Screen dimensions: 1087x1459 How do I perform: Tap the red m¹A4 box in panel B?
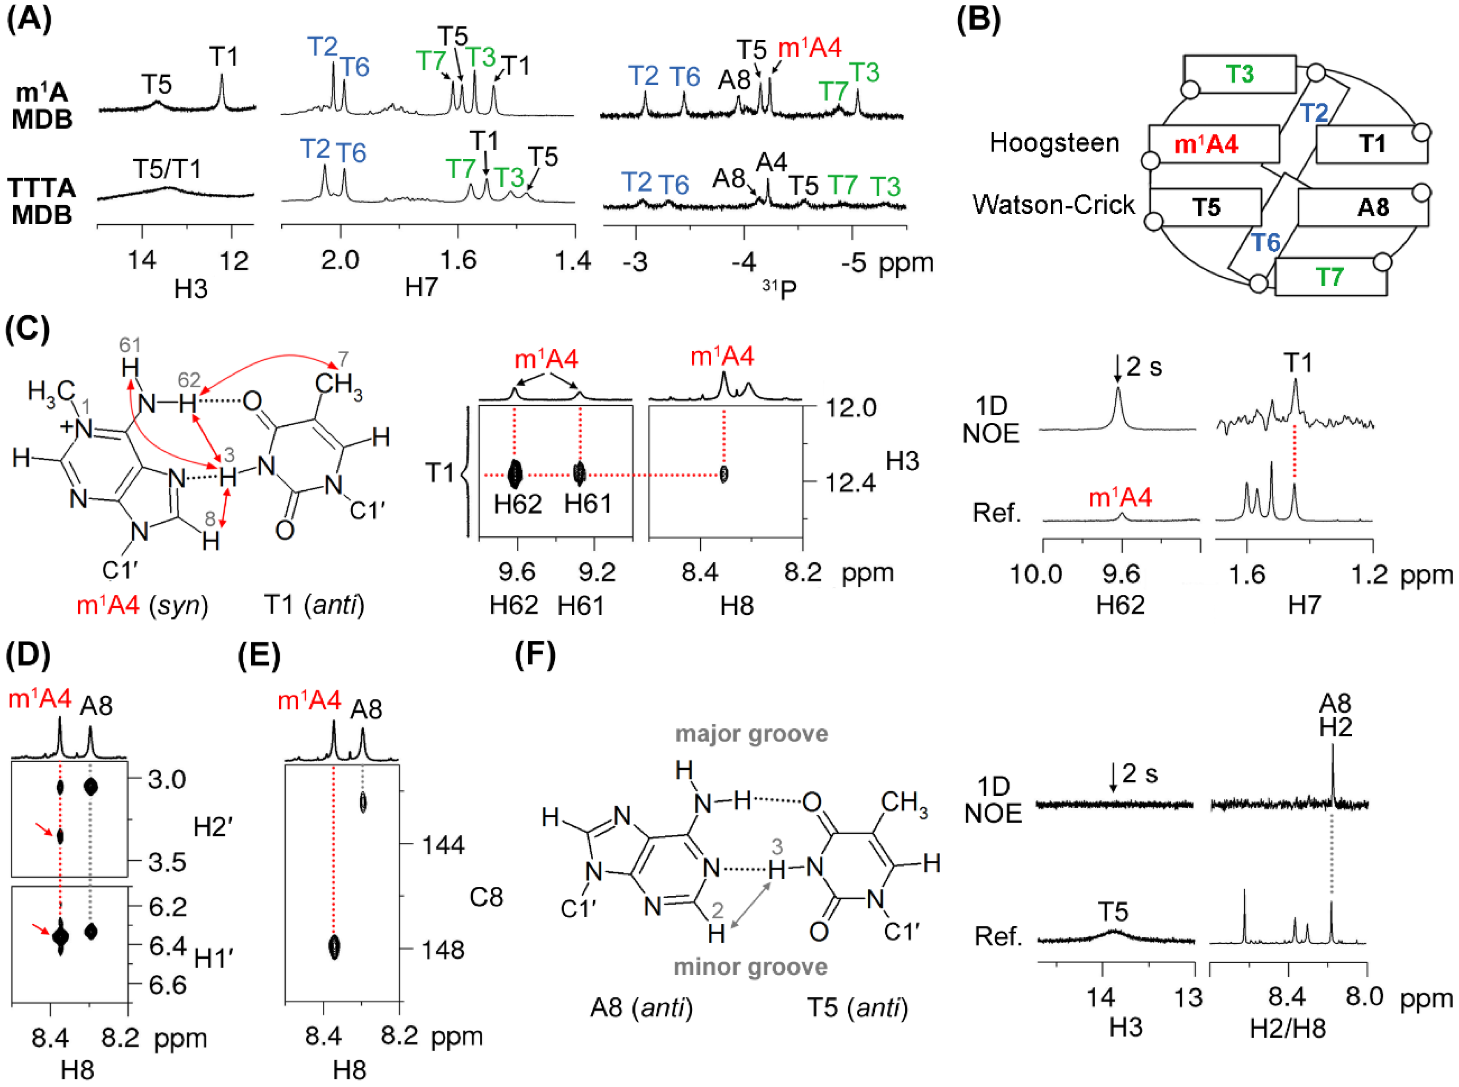pos(1213,144)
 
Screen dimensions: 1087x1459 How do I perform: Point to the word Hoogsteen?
pos(1054,143)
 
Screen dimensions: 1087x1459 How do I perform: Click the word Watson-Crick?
pos(1053,205)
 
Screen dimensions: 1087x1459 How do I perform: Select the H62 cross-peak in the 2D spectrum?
pos(515,473)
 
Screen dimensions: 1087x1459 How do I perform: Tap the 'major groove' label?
pos(751,734)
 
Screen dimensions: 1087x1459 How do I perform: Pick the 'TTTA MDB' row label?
pos(42,201)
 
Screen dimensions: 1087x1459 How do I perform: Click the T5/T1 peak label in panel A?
pos(166,169)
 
